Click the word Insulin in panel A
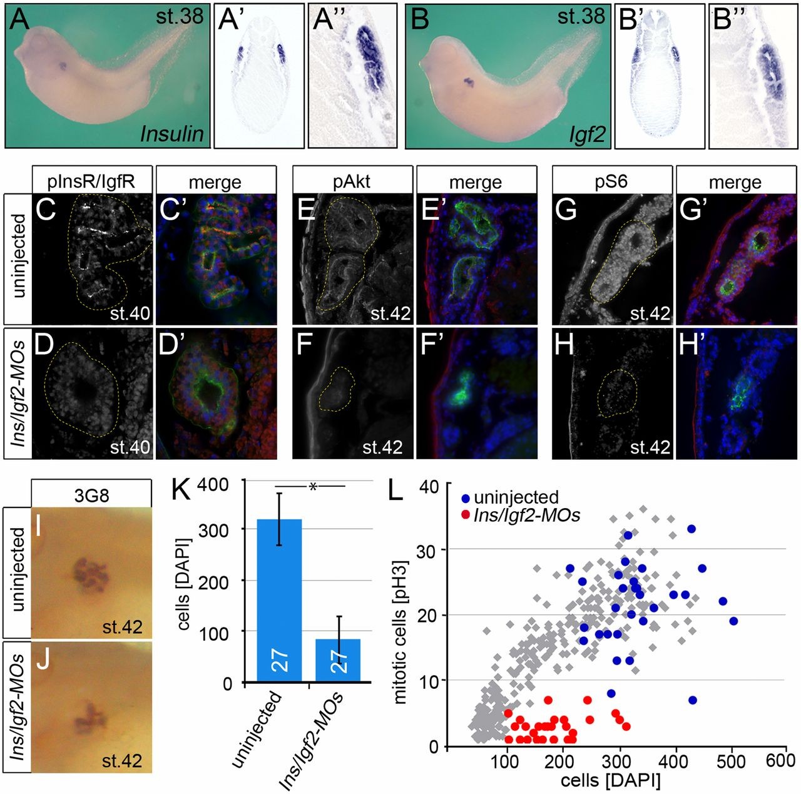point(172,133)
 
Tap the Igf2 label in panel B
point(588,133)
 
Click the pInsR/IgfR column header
point(91,181)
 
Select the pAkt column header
point(353,181)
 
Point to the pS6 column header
point(611,181)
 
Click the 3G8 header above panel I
point(91,496)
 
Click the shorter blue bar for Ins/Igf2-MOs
point(337,659)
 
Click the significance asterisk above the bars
point(313,487)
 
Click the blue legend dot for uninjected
point(465,498)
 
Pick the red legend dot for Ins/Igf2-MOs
point(465,515)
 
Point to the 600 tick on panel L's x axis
point(781,761)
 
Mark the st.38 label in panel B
point(581,16)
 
